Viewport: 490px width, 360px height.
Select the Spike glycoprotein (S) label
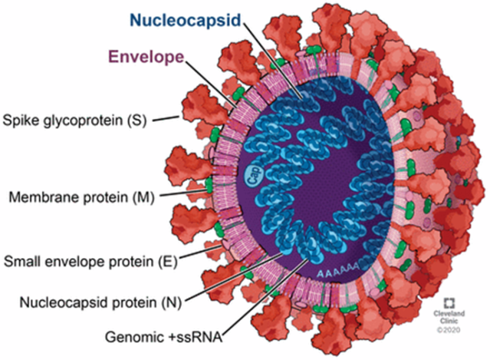tap(75, 121)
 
